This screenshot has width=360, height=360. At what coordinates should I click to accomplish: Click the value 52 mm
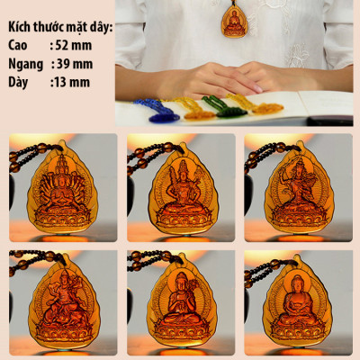74,45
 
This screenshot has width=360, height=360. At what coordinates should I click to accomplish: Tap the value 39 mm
75,64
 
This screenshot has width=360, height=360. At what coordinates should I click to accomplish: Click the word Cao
18,45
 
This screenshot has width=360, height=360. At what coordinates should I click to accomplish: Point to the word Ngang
25,65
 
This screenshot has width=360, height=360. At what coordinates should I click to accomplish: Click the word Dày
18,83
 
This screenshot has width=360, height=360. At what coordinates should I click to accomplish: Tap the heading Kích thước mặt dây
60,27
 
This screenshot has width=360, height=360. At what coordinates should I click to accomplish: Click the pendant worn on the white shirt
234,21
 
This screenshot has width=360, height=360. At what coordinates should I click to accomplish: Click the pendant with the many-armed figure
62,186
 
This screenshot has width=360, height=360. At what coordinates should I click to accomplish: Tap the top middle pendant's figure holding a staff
183,187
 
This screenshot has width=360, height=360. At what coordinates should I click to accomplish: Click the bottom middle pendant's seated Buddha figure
182,300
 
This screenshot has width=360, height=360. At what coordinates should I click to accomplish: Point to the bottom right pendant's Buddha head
298,283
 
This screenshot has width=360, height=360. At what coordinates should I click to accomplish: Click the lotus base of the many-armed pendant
62,218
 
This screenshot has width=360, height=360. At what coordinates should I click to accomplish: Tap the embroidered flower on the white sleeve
298,56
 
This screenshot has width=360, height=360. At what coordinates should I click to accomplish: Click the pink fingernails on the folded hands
257,88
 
